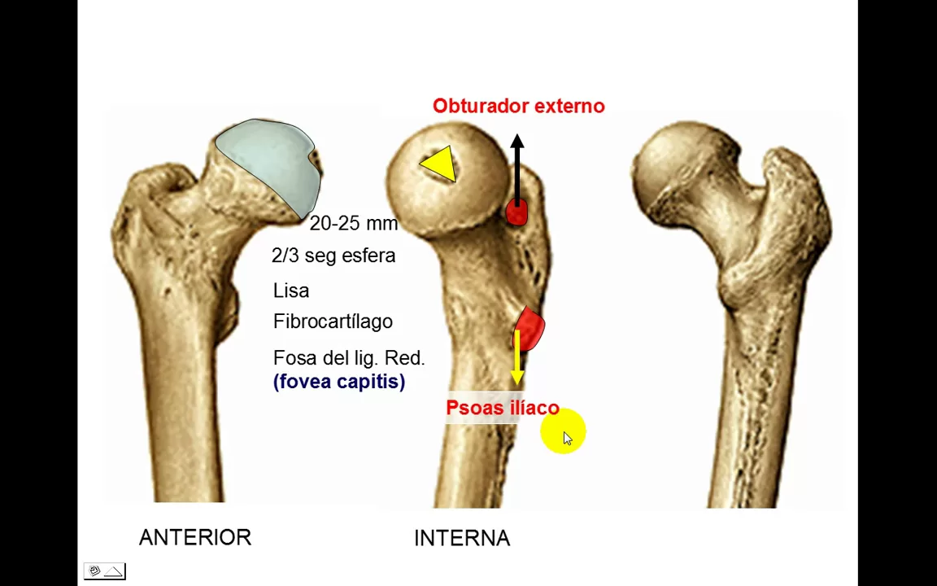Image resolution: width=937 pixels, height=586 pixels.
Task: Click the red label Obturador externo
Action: (x=518, y=106)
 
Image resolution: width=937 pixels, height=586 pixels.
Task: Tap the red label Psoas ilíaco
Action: (x=503, y=408)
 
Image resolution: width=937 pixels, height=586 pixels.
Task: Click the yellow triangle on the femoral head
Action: (x=440, y=164)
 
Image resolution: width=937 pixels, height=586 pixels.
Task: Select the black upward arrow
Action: (x=516, y=167)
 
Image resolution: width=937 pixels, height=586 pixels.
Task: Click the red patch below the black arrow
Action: (x=516, y=212)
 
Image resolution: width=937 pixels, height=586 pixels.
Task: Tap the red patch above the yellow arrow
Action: (x=530, y=327)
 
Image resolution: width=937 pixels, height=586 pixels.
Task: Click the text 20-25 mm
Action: (x=354, y=224)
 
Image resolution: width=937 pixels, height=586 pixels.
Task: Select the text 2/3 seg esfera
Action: (x=333, y=256)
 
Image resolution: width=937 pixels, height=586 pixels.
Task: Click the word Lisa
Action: (x=291, y=291)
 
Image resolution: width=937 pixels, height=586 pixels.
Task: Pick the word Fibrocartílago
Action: (x=333, y=321)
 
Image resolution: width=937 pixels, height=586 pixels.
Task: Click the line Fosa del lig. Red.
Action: (x=349, y=358)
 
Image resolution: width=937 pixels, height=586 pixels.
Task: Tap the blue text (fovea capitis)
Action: (x=339, y=382)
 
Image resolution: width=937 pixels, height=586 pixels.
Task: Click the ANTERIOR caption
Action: (x=195, y=537)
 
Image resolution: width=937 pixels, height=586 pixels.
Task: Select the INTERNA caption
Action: (x=462, y=538)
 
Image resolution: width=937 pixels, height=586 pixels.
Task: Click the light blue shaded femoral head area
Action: (x=268, y=163)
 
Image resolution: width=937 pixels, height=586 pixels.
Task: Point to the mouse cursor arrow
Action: (x=567, y=438)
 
